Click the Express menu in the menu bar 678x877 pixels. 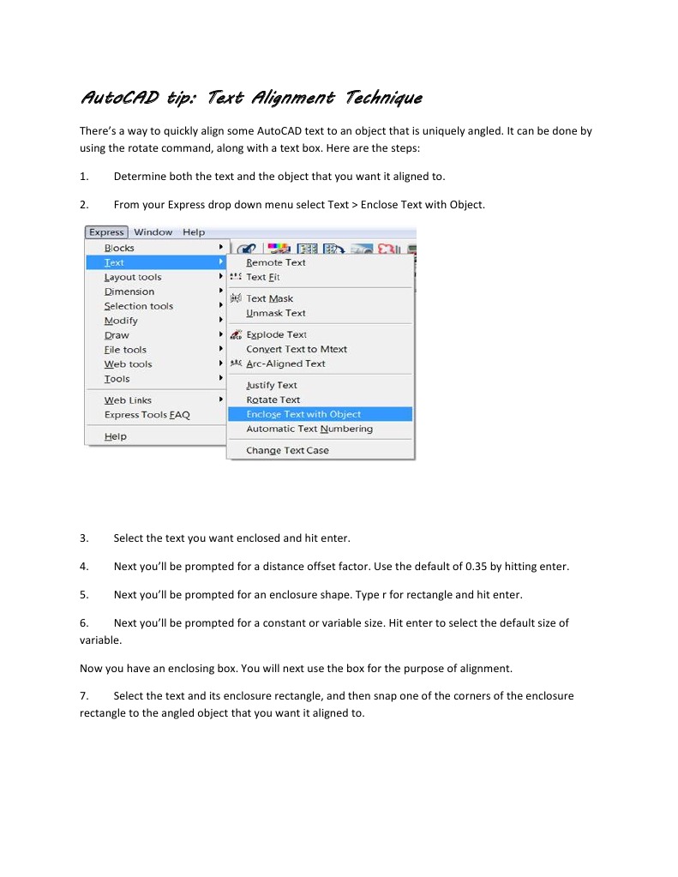point(106,232)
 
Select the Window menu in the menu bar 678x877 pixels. point(153,232)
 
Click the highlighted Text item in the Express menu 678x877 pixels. point(114,262)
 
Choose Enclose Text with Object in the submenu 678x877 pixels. point(303,414)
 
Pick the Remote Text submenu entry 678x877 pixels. point(275,262)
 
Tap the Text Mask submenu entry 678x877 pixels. point(269,298)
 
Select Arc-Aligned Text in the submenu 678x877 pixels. point(285,363)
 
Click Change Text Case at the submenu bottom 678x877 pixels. point(287,450)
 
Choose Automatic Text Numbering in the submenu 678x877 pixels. point(309,429)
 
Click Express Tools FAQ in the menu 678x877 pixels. point(147,415)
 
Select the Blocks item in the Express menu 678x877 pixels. point(119,248)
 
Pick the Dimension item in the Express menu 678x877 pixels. point(129,291)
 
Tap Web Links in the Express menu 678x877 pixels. point(128,400)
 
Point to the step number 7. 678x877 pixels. point(83,696)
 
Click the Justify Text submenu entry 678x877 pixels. point(271,385)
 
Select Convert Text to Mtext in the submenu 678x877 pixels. point(297,349)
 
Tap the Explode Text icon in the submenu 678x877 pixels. point(236,335)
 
